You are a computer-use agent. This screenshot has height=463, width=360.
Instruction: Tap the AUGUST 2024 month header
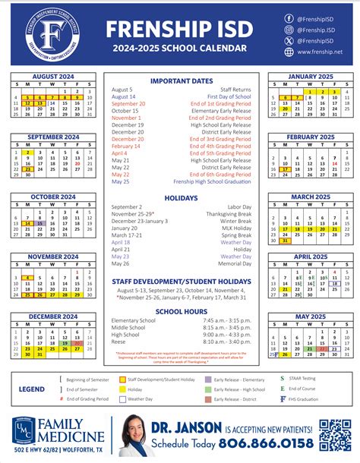52,76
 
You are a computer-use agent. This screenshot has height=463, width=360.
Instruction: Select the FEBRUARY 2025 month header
310,137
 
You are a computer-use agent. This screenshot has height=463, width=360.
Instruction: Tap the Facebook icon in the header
289,17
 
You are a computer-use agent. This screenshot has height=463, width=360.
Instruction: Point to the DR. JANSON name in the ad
184,427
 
